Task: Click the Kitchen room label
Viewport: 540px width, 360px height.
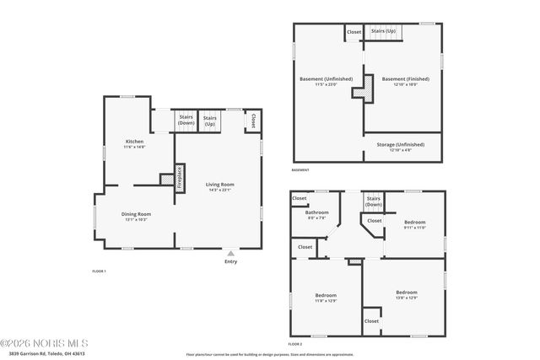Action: (134, 142)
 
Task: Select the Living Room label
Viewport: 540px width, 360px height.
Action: (219, 185)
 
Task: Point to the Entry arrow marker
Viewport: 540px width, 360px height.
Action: (230, 252)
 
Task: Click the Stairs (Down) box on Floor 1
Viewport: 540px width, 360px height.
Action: (186, 121)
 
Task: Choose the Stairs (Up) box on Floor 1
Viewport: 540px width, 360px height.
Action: (209, 121)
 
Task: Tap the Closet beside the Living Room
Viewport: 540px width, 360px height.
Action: (251, 121)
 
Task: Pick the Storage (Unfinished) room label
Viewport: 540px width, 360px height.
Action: (401, 144)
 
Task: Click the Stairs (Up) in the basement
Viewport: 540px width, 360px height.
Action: (384, 31)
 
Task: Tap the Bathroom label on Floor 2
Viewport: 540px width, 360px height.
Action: (316, 212)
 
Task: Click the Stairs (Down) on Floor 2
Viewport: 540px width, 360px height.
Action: (373, 201)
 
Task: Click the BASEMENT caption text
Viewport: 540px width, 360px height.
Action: (300, 170)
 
